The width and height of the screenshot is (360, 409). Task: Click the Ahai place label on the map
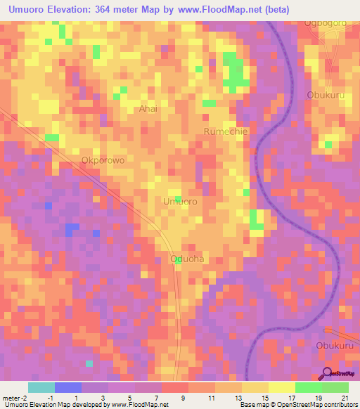click(148, 109)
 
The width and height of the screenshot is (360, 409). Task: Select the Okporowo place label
click(103, 160)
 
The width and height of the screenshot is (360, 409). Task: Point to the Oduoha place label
click(187, 259)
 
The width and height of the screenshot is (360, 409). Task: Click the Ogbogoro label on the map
click(325, 23)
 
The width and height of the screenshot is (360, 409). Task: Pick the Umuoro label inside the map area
click(180, 202)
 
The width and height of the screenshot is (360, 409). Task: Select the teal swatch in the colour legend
click(41, 388)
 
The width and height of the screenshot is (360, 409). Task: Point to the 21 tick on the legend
click(345, 398)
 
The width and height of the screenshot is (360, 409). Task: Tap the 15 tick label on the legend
click(264, 398)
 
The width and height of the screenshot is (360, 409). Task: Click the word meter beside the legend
click(12, 398)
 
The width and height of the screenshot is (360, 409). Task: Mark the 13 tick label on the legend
click(238, 398)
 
